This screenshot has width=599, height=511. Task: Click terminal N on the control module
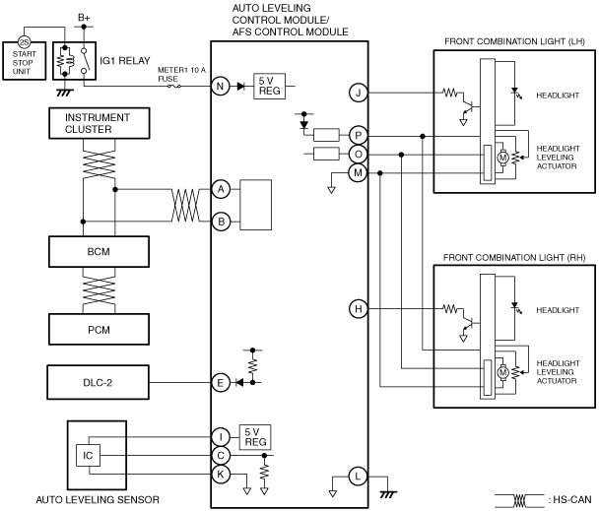pos(221,87)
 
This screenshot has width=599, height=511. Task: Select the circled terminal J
pos(359,93)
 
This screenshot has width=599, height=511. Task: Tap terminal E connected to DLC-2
pos(221,383)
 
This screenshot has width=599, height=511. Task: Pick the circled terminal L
pos(358,477)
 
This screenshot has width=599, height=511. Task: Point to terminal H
pos(359,309)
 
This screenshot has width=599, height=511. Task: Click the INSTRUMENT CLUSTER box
pos(100,123)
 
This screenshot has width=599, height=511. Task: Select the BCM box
pos(99,252)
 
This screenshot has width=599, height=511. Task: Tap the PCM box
pos(99,330)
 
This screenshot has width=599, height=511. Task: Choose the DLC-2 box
pos(99,383)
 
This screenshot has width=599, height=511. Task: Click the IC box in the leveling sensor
pos(89,455)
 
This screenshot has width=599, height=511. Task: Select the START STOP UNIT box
pos(25,61)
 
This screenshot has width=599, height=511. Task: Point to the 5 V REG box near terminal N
pos(270,87)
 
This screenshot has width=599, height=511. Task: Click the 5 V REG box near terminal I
pos(255,437)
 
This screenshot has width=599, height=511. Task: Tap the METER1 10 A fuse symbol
pos(174,87)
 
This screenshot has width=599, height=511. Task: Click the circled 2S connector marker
pos(24,42)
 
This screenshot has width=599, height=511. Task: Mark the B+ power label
pos(84,18)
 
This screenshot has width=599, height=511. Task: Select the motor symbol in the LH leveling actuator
pos(502,158)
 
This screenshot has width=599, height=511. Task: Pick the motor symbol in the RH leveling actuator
pos(502,372)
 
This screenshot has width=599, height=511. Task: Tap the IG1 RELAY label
pos(125,61)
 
